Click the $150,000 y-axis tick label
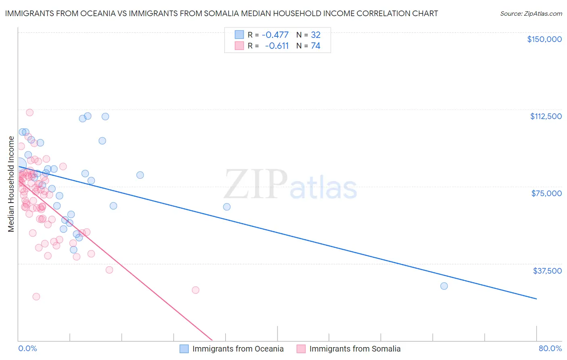pos(544,39)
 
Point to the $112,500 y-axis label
pos(546,116)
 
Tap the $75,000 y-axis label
pos(546,193)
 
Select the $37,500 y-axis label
pos(547,271)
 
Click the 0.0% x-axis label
pos(27,348)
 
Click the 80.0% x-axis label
pos(550,348)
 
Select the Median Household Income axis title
pos(11,184)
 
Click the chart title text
pos(221,13)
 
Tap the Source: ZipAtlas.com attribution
pos(531,13)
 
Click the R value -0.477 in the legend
pos(275,35)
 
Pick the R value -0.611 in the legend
pos(277,46)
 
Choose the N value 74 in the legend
pos(315,46)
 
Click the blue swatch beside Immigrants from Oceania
pos(184,349)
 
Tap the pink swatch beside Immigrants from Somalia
pos(301,349)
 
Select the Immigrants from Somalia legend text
pos(355,349)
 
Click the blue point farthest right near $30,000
pos(444,286)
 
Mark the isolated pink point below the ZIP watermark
pos(196,290)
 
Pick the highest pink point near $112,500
pos(29,113)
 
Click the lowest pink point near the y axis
pos(36,296)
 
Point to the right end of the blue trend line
pos(536,299)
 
